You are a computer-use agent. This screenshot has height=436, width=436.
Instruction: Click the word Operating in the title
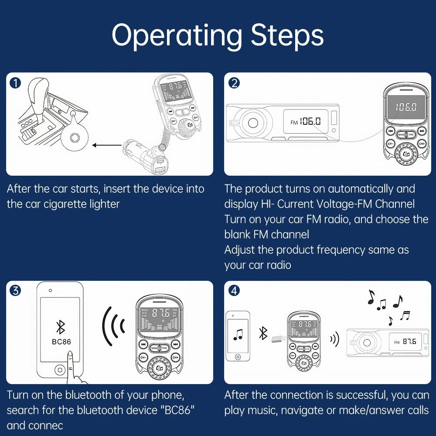(x=177, y=36)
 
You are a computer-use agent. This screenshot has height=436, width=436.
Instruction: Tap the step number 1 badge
(x=15, y=83)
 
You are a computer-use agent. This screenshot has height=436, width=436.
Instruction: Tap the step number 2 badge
(x=235, y=83)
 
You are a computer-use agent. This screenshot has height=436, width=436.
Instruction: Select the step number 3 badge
(x=15, y=290)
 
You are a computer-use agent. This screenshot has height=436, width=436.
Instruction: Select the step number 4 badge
(x=235, y=290)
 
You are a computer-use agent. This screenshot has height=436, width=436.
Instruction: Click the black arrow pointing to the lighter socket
(x=107, y=145)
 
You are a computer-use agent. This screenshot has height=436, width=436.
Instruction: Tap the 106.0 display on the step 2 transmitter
(x=406, y=107)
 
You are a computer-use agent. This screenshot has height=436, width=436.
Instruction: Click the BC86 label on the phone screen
(x=61, y=342)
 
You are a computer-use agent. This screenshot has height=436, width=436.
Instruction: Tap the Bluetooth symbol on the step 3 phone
(x=61, y=327)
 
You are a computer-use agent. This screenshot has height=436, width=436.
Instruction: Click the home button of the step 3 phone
(x=60, y=370)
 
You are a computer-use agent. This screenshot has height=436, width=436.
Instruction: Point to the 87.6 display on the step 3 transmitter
(x=160, y=313)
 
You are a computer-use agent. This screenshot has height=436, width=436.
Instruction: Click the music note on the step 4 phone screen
(x=238, y=335)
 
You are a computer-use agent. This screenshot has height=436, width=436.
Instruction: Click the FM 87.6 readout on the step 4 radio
(x=405, y=342)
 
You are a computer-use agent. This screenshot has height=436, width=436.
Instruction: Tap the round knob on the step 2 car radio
(x=253, y=123)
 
